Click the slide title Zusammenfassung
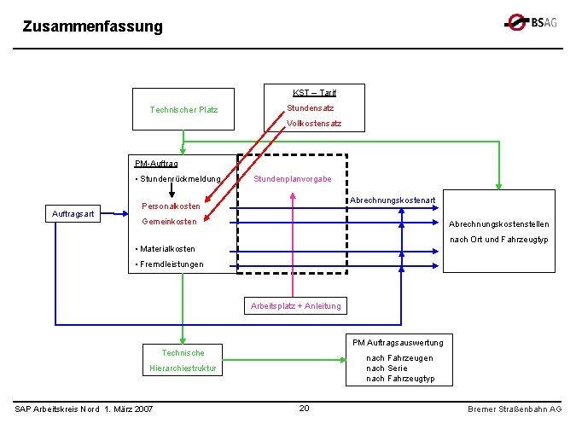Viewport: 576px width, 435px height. click(x=92, y=26)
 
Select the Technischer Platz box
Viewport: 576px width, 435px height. click(x=183, y=109)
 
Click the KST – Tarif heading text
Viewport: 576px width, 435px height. click(x=315, y=92)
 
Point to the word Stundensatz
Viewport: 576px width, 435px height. click(x=310, y=108)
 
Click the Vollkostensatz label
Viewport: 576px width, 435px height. click(x=314, y=124)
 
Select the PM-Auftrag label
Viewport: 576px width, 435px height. click(x=156, y=163)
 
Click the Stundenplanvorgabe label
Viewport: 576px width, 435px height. click(x=293, y=179)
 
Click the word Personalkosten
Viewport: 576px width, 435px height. click(x=171, y=206)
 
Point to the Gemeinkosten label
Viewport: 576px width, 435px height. click(x=169, y=222)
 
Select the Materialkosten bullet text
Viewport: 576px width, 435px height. click(x=166, y=249)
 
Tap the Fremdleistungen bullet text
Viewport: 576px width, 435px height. click(x=170, y=264)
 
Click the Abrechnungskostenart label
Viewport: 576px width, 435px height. click(x=393, y=200)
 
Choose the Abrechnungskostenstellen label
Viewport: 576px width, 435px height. click(x=499, y=224)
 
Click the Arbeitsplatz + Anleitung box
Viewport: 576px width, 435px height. click(x=295, y=306)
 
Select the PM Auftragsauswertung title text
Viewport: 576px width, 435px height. click(x=398, y=343)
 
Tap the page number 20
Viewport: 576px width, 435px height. click(x=304, y=409)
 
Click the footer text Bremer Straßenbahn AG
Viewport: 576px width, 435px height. click(x=515, y=409)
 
